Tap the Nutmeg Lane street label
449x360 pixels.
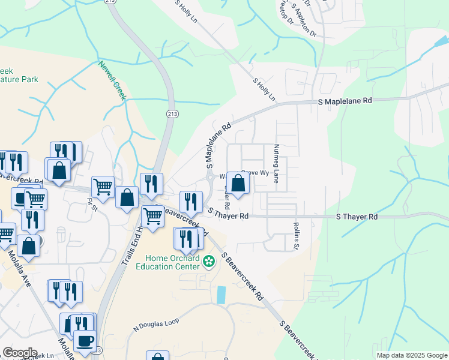[277, 163]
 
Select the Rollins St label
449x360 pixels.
[296, 236]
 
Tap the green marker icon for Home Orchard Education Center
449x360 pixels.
[209, 262]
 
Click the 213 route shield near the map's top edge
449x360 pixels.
[127, 2]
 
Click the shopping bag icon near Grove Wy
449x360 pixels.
[238, 184]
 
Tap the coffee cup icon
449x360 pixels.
[85, 340]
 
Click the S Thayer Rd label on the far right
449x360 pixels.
[357, 216]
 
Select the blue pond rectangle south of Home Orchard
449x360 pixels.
[221, 294]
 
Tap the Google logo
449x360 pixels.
[19, 353]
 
